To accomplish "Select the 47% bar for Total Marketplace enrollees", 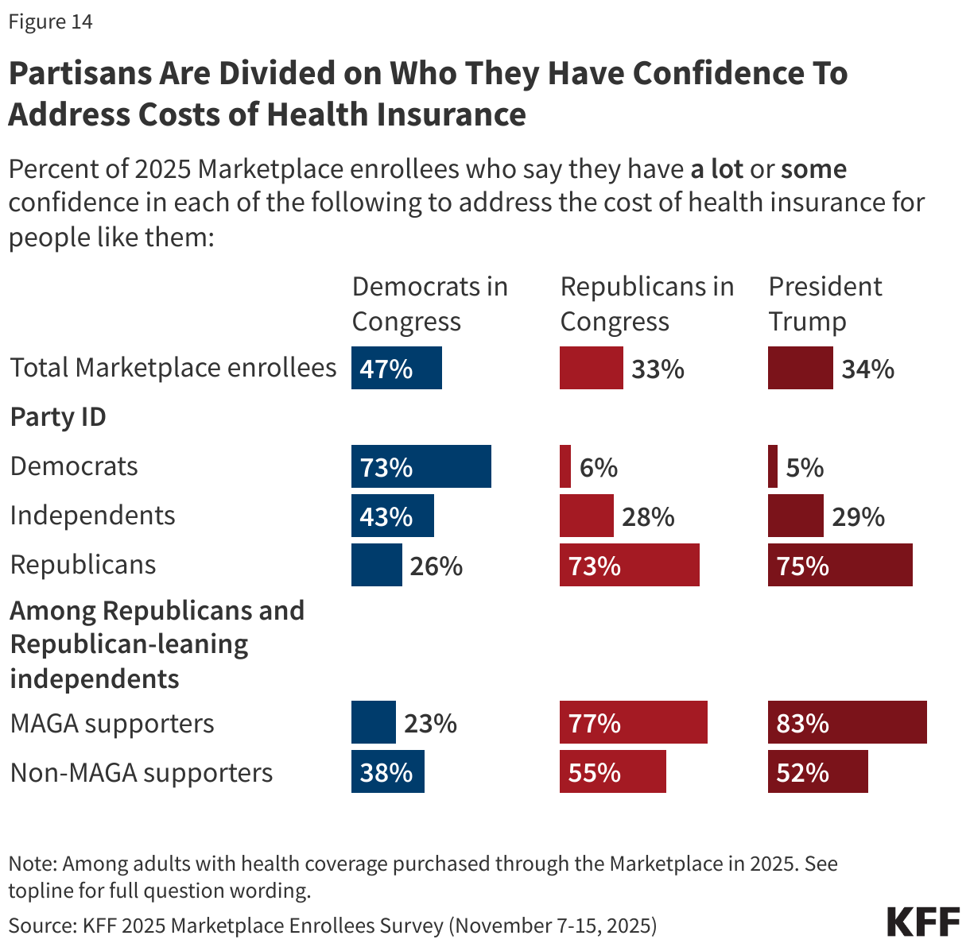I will coord(396,368).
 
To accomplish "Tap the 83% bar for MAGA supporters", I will coord(847,722).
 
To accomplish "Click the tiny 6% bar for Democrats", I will coord(565,466).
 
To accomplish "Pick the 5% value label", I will coord(805,467).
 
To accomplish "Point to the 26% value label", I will coord(436,566).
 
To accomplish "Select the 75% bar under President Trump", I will coord(840,565).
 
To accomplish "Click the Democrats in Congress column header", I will coord(429,303).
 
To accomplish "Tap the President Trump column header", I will coord(824,303).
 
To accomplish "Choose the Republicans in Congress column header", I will coord(646,303).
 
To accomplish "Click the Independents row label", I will coord(92,516).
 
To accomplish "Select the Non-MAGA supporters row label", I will coord(141,772).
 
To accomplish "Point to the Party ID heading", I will coord(58,416).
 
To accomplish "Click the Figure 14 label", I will coord(50,22).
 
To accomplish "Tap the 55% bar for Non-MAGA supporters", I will coord(612,771).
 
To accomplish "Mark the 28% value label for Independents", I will coord(647,517).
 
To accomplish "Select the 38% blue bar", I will coord(387,771).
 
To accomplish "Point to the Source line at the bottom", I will coord(332,926).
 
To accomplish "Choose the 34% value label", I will coord(867,369).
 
